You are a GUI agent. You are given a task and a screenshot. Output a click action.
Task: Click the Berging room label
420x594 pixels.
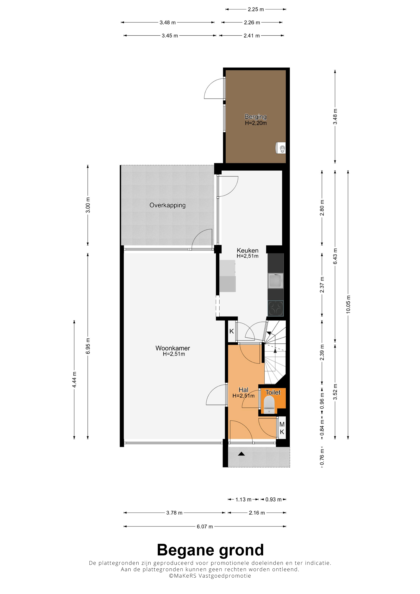[256, 117]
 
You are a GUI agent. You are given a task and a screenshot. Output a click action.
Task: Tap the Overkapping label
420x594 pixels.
[167, 205]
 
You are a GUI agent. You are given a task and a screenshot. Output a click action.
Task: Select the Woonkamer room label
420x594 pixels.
[173, 348]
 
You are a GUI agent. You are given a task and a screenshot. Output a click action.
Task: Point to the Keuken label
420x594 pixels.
[247, 251]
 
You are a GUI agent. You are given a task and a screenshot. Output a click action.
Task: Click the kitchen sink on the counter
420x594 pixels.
[276, 281]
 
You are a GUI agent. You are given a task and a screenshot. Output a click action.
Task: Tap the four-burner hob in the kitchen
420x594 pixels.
[276, 308]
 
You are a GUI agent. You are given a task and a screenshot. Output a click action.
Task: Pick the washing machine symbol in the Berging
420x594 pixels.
[281, 148]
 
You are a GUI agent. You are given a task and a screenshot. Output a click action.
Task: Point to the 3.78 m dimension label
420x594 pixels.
[174, 513]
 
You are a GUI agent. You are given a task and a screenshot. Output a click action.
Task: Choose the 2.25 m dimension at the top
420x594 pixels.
[256, 9]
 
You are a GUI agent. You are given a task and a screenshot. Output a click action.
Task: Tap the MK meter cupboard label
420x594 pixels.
[282, 428]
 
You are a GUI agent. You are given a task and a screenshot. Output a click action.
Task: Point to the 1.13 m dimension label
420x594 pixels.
[243, 500]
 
